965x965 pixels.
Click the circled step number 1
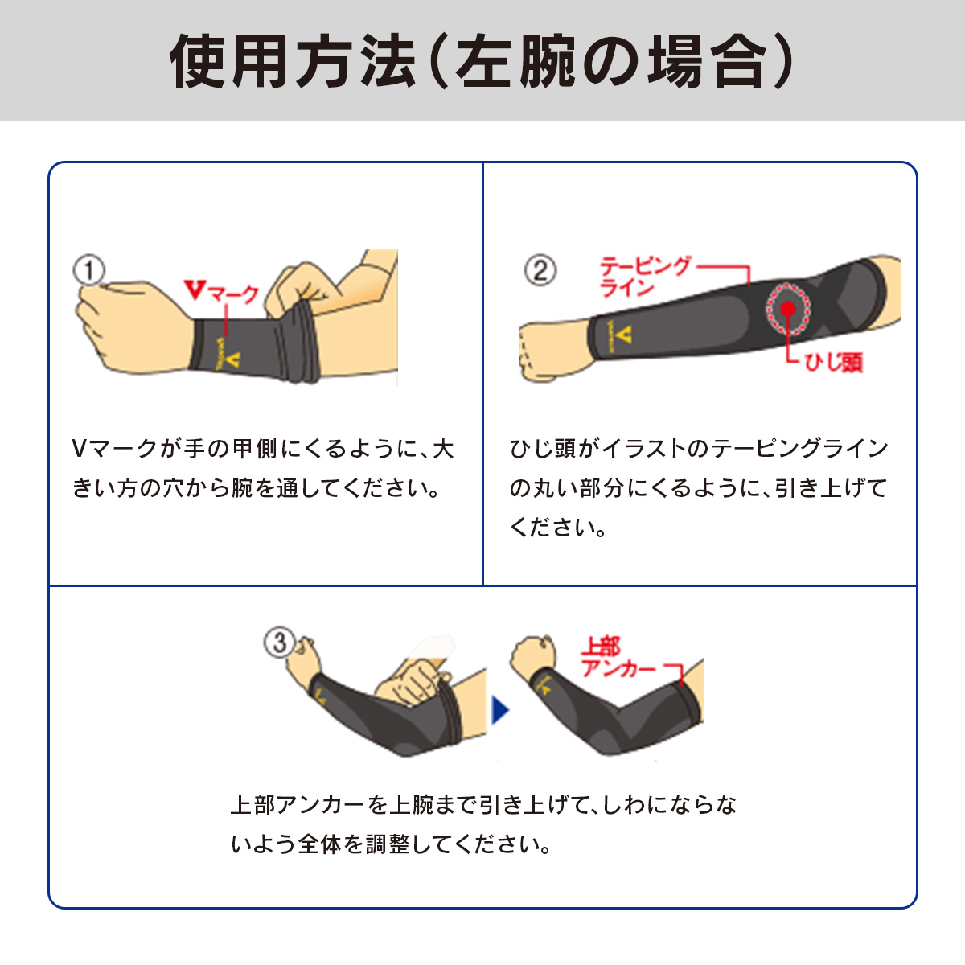coord(89,270)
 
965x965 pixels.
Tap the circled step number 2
coord(540,270)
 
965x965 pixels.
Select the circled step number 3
coord(280,643)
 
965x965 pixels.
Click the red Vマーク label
coord(221,291)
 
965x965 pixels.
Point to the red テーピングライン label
coord(645,276)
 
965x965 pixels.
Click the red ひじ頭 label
coord(834,362)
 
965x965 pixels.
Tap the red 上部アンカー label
coord(618,657)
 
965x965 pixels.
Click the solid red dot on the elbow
coord(788,309)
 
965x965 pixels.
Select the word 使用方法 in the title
coord(294,61)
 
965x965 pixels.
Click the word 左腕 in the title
coord(515,61)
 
